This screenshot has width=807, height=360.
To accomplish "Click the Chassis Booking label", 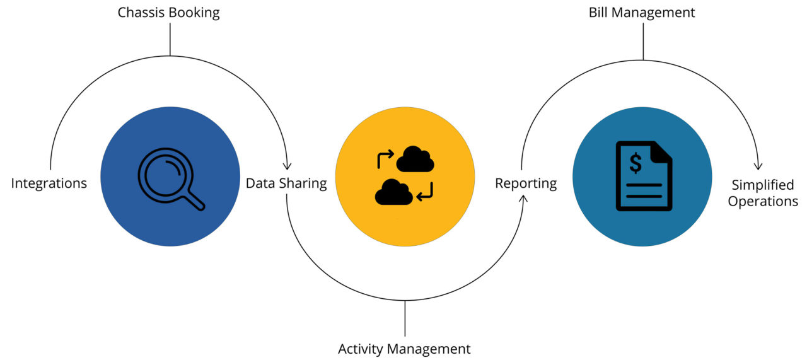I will click(168, 13).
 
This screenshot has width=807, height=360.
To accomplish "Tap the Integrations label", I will click(49, 183).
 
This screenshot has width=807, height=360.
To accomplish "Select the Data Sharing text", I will click(286, 183).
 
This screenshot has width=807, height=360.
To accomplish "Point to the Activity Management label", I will click(404, 349).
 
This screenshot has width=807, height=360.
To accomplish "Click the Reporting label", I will click(526, 183).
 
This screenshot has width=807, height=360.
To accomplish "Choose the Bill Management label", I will click(642, 12).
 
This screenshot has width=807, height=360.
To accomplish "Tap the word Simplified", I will click(762, 185).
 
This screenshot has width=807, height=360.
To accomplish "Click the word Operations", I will click(763, 202).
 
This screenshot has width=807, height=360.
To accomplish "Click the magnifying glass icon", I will click(165, 174).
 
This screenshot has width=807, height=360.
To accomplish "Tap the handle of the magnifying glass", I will click(195, 200).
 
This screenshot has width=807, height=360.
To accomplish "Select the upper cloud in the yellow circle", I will click(415, 159).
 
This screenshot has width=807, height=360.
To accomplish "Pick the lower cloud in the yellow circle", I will click(393, 192).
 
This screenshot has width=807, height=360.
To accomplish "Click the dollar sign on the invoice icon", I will click(636, 163).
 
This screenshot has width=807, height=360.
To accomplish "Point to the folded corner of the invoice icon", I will click(662, 151).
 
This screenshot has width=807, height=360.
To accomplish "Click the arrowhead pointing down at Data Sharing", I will click(287, 166).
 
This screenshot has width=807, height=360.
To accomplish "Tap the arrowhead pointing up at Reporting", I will click(522, 200).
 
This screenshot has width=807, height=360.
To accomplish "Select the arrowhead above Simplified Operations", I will click(758, 166).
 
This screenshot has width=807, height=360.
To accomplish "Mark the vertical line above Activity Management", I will click(405, 319).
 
